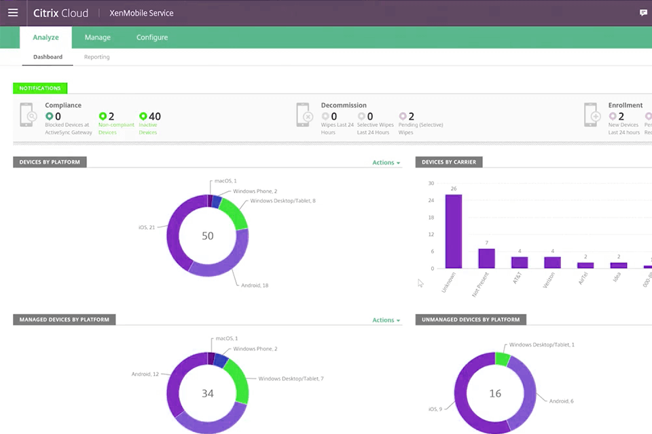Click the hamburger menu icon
pos(13,13)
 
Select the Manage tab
pos(97,37)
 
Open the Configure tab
pos(151,37)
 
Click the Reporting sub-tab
pos(96,57)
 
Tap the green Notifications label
pos(39,88)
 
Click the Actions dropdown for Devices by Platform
pos(386,163)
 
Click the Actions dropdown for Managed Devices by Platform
pos(386,320)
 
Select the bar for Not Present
pos(486,258)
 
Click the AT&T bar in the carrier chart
pos(520,262)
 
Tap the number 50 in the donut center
pos(208,236)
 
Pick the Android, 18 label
pos(255,285)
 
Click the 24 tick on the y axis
pos(431,201)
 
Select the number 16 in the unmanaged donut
pos(495,393)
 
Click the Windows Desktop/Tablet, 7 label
pos(291,378)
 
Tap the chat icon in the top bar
pos(643,13)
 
